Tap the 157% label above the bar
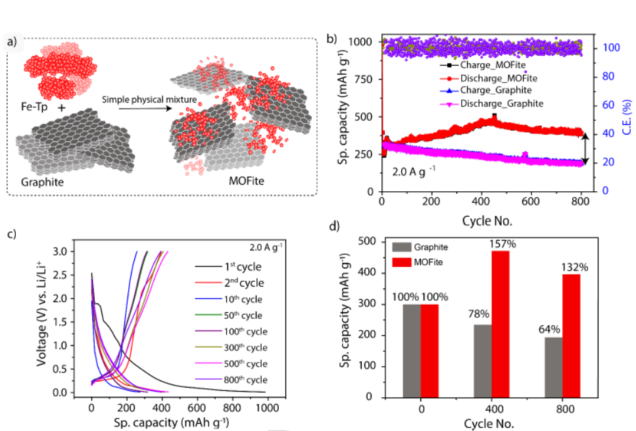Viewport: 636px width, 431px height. [502, 244]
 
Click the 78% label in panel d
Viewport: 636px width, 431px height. [482, 315]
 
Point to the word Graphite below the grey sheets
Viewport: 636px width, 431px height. [43, 182]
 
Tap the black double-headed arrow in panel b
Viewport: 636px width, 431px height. [585, 146]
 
